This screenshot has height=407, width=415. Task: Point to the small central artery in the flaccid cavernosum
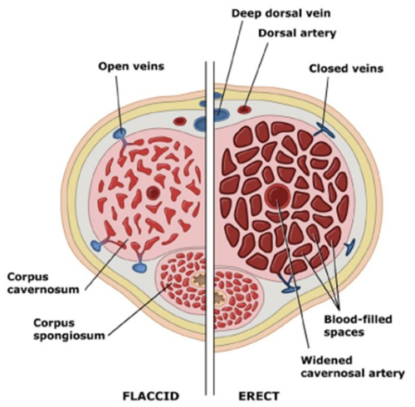click(154, 194)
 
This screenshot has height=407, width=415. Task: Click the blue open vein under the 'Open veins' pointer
click(121, 134)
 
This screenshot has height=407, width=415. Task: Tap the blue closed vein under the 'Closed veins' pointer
click(323, 130)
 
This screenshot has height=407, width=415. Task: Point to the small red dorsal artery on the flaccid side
click(179, 120)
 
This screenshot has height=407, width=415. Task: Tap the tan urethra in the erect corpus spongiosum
click(222, 292)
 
